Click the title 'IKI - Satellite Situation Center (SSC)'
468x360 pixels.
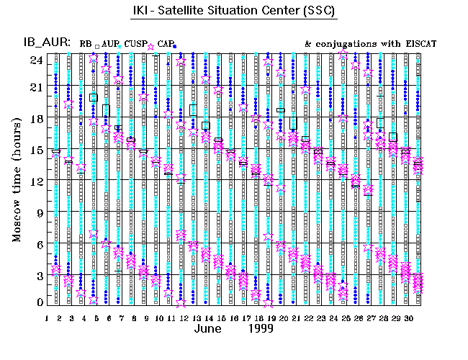point(234,12)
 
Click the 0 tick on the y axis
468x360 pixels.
point(40,302)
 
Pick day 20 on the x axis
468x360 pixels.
point(281,318)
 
